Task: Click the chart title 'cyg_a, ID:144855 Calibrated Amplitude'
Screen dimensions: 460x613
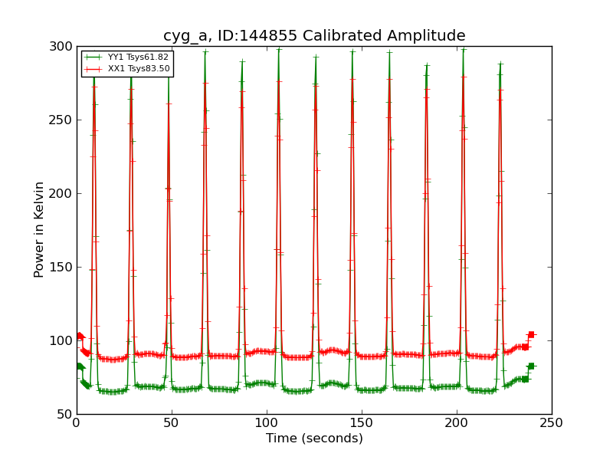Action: (x=314, y=35)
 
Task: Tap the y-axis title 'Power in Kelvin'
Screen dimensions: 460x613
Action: (x=39, y=229)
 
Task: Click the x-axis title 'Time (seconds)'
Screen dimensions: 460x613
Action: (x=314, y=439)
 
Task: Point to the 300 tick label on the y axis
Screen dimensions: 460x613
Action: (x=61, y=46)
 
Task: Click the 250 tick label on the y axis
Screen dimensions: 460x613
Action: (x=61, y=120)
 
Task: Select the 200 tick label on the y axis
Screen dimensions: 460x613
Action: (x=61, y=193)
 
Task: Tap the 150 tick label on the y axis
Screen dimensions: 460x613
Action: (x=61, y=267)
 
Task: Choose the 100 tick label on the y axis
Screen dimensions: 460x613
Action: (x=61, y=340)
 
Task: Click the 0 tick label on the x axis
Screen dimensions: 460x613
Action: (x=77, y=423)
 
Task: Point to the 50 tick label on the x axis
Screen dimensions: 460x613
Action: (x=172, y=423)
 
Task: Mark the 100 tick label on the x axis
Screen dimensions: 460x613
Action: (x=267, y=423)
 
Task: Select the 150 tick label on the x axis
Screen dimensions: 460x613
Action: (x=362, y=423)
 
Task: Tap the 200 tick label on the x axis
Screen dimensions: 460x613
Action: (x=457, y=423)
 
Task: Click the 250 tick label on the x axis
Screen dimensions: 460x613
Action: (x=552, y=423)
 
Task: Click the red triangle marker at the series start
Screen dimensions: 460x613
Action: (x=80, y=336)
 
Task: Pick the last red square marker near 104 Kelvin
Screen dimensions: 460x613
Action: (x=531, y=334)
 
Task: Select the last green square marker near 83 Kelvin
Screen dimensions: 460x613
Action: (x=531, y=366)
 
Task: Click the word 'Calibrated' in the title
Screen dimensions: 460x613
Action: (x=356, y=35)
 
